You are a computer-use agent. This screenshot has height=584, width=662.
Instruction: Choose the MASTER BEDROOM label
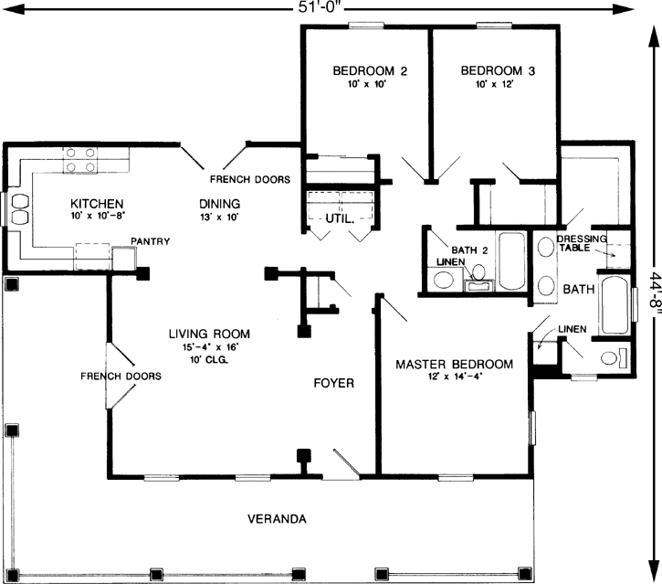coord(454,364)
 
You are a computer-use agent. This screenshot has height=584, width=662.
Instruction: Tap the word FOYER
coord(333,382)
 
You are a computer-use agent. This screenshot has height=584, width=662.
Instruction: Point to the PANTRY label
coord(149,241)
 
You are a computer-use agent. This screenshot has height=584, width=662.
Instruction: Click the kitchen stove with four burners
coord(79,167)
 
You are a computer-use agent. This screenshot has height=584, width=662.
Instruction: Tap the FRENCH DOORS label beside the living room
coord(121,376)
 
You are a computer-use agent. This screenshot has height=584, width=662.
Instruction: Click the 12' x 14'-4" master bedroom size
coord(454,377)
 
